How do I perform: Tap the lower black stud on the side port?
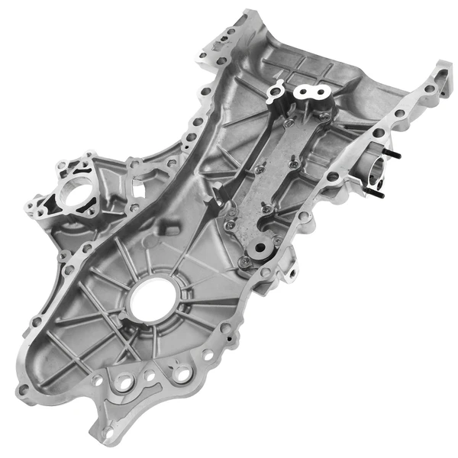pyautogui.click(x=379, y=192)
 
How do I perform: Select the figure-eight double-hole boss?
pyautogui.click(x=313, y=93)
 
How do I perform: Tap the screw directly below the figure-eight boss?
pyautogui.click(x=288, y=122)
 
